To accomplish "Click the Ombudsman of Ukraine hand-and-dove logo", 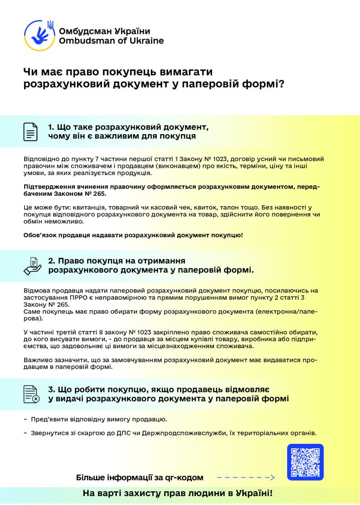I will tap(39, 35).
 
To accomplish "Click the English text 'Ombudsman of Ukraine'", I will tap(111, 41).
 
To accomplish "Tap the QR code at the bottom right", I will tap(305, 463).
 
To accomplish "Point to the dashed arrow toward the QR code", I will tap(245, 477).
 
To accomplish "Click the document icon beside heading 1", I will tap(31, 131).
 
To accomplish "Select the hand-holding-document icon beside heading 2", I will tap(33, 266).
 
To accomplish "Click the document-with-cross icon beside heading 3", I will tap(32, 394).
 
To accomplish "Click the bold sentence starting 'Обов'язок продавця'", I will tap(133, 235).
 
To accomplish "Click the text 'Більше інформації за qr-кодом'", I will tap(140, 477).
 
